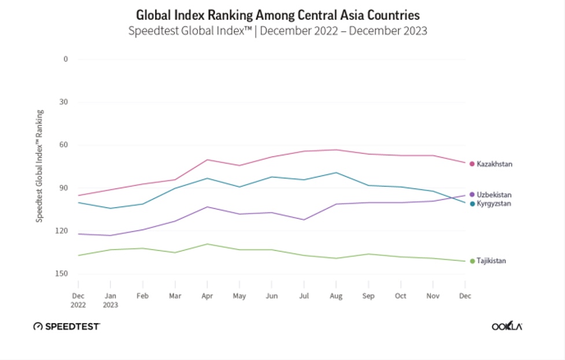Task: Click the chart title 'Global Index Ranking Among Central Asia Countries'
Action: [x=278, y=14]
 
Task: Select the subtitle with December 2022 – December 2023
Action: [x=278, y=31]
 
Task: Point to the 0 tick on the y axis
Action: [x=66, y=59]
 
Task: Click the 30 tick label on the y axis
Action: [x=64, y=102]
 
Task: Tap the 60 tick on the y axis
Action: [x=64, y=145]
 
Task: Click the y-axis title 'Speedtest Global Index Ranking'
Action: [x=40, y=166]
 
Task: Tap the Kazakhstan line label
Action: [x=494, y=164]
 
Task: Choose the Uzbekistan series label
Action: [x=494, y=195]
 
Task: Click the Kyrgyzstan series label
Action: [x=493, y=204]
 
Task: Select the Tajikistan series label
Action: [x=491, y=261]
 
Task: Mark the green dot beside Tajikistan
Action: [x=472, y=261]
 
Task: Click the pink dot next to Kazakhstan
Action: [x=472, y=164]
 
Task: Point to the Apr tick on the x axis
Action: [x=207, y=296]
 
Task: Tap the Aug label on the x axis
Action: [x=336, y=296]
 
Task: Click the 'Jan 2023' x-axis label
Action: [x=110, y=300]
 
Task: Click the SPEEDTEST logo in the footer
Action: [x=67, y=326]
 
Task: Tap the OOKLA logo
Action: [x=507, y=326]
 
